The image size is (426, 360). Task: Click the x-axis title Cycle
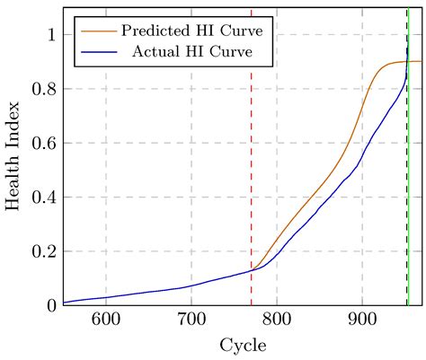click(242, 345)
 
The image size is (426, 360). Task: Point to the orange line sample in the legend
click(94, 31)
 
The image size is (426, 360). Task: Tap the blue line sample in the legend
click(94, 51)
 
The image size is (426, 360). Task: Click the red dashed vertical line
click(251, 180)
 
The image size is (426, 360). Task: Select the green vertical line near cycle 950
click(408, 180)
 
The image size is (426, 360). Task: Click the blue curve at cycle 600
click(106, 297)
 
